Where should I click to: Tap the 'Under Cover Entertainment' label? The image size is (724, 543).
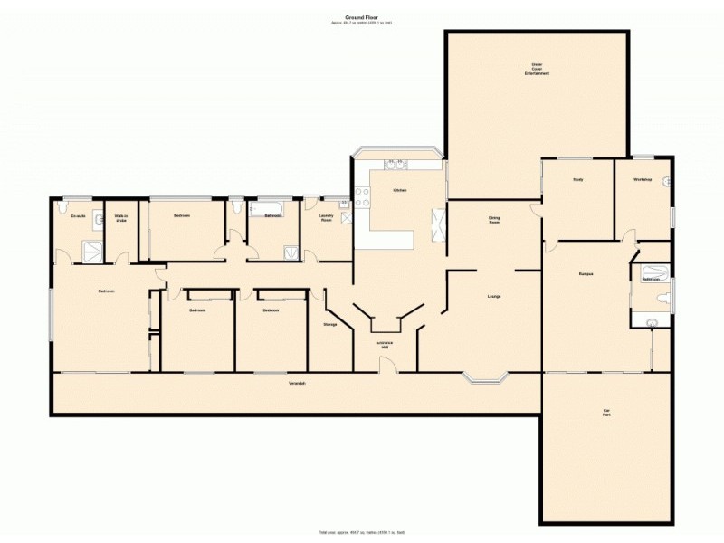point(537,69)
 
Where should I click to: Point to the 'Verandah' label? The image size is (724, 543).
point(297,384)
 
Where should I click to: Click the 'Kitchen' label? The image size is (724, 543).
point(399,191)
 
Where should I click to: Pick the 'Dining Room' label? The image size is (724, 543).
point(494,219)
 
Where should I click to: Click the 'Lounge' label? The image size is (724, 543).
point(494,296)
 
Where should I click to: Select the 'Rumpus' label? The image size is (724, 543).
point(585,272)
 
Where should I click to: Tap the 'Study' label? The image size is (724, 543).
point(577,179)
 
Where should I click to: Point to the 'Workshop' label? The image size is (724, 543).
point(643,179)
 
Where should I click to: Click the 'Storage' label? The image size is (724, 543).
point(329,324)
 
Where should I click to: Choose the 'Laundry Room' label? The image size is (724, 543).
point(327,217)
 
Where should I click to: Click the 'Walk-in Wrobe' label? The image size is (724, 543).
point(120,218)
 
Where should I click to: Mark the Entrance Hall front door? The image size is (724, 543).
point(386,364)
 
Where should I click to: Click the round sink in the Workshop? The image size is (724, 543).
point(666,182)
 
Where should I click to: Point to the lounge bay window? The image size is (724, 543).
point(489,377)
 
